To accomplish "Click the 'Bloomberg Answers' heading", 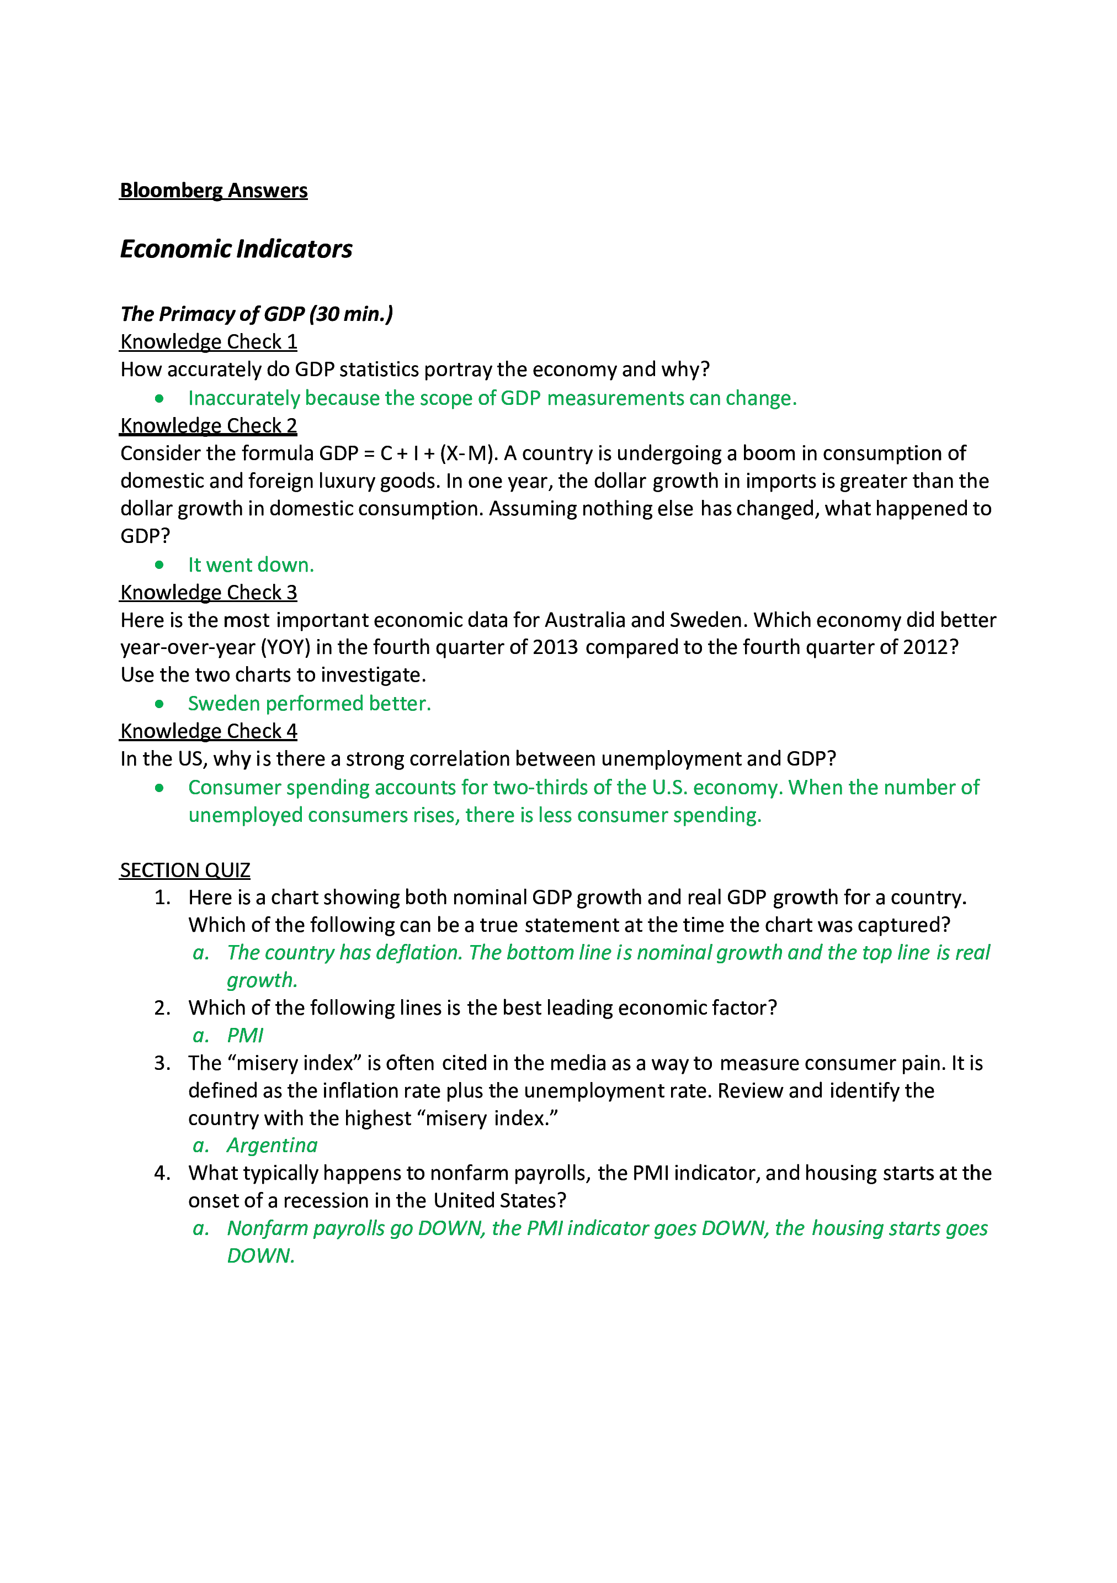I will coord(214,191).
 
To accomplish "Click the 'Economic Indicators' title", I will coord(236,249).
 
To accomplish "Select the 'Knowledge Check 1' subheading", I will coord(208,342).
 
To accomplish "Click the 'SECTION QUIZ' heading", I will coord(185,870).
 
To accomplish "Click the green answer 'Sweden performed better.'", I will coord(310,703).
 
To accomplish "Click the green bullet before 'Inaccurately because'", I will coord(159,398).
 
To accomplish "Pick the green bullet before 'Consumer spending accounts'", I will coord(159,788).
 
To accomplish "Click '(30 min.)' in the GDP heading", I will coord(351,314).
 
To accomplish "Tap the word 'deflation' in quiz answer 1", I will coord(418,953).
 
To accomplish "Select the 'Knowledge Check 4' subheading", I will coord(208,731).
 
